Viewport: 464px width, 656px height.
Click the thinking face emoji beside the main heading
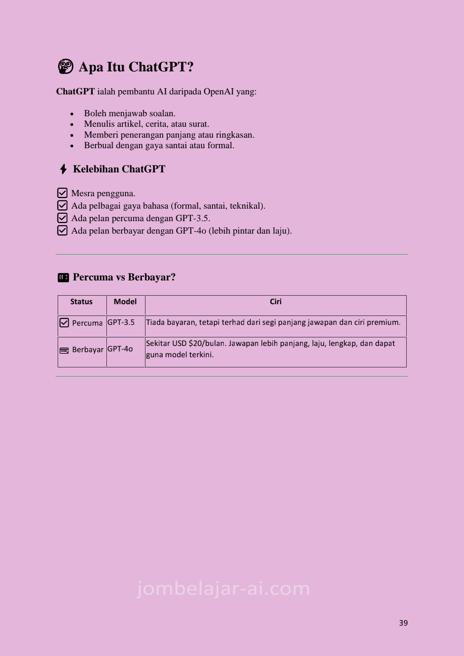[x=66, y=67]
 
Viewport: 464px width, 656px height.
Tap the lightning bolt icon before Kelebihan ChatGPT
[x=63, y=169]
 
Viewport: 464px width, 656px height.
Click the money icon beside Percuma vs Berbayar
[x=63, y=277]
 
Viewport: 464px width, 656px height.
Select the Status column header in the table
[x=81, y=301]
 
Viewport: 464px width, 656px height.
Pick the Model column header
[x=125, y=301]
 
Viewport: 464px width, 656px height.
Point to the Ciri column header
[x=276, y=301]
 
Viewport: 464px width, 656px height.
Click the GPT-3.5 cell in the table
[x=121, y=322]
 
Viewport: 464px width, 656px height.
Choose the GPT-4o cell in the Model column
[x=120, y=349]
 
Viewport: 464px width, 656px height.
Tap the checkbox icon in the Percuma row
[x=64, y=323]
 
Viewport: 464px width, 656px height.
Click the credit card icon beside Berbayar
[x=64, y=350]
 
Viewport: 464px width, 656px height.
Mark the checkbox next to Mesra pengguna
[x=62, y=193]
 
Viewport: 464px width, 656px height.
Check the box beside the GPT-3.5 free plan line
[x=62, y=218]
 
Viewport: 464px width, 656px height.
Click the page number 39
[x=403, y=623]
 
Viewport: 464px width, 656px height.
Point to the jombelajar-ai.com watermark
[x=223, y=589]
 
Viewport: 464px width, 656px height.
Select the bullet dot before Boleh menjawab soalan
[x=72, y=114]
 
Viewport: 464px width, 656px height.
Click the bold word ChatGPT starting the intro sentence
[x=75, y=92]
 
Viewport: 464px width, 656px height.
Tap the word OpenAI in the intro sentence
[x=219, y=92]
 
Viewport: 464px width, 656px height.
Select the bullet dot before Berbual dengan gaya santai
[x=72, y=146]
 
